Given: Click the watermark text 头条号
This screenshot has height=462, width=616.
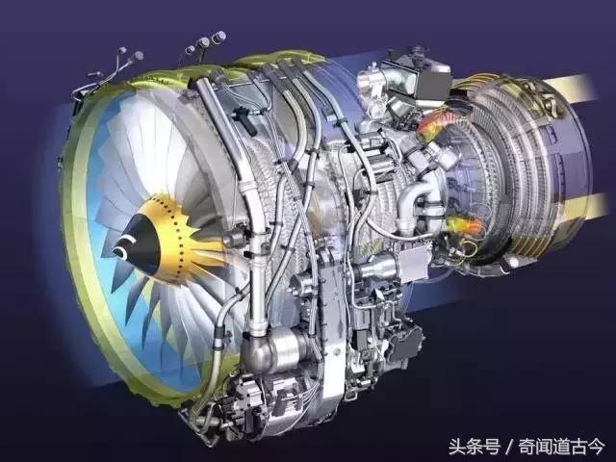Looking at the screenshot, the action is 475,447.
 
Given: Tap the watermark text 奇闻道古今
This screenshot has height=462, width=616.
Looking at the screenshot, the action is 561,447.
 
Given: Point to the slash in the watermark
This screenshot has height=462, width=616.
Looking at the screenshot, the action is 509,447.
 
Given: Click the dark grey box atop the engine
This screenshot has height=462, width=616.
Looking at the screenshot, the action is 432,81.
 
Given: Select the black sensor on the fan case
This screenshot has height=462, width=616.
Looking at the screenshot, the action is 243,116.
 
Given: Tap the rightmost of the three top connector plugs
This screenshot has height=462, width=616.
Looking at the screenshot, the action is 218,37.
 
